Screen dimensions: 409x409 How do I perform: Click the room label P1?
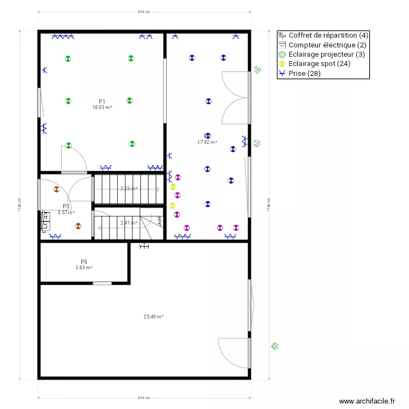[x=102, y=101]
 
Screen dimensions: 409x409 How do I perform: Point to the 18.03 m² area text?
[x=102, y=107]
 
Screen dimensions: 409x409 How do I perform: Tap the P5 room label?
[x=84, y=262]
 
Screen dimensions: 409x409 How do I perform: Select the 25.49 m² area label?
[x=154, y=316]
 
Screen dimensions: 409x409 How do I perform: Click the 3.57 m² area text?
[x=66, y=213]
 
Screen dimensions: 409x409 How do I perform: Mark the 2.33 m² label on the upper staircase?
[x=129, y=189]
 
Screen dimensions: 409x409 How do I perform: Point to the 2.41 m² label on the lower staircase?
[x=129, y=222]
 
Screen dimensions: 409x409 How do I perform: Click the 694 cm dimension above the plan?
[x=144, y=11]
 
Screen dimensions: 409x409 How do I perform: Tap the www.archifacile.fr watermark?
[x=367, y=401]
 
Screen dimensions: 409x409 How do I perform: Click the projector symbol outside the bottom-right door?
[x=275, y=346]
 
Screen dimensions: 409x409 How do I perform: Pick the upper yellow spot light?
[x=173, y=187]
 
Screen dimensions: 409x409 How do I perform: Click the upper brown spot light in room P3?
[x=56, y=189]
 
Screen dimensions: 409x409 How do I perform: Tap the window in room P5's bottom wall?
[x=102, y=283]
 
